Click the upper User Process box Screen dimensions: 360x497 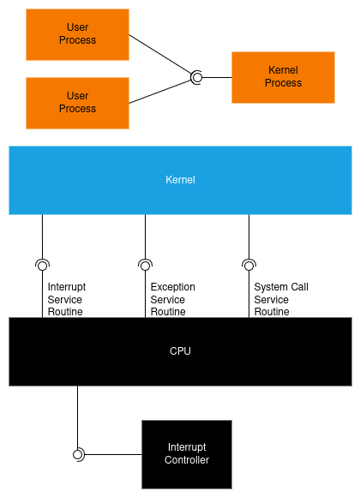tap(77, 34)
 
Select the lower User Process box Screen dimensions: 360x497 tap(77, 103)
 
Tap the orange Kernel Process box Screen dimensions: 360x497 tap(283, 77)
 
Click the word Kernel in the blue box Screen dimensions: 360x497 tap(180, 180)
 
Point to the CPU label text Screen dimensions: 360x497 tap(180, 351)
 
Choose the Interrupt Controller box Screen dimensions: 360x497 tap(187, 454)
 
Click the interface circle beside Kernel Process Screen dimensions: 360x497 tap(197, 77)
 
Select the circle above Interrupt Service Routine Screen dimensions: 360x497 tap(43, 266)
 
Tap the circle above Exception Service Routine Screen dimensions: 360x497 tap(145, 266)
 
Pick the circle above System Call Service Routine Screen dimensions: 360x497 tap(249, 266)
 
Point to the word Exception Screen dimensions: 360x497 tap(173, 287)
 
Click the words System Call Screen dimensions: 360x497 tap(281, 287)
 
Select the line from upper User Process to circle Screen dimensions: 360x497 tap(160, 55)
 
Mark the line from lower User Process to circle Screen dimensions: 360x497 tap(160, 92)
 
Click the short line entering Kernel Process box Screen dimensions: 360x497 tap(217, 77)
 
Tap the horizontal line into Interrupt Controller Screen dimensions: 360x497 tap(112, 454)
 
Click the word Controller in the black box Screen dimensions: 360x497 tap(187, 460)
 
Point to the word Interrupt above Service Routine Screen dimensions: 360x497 tap(67, 287)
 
